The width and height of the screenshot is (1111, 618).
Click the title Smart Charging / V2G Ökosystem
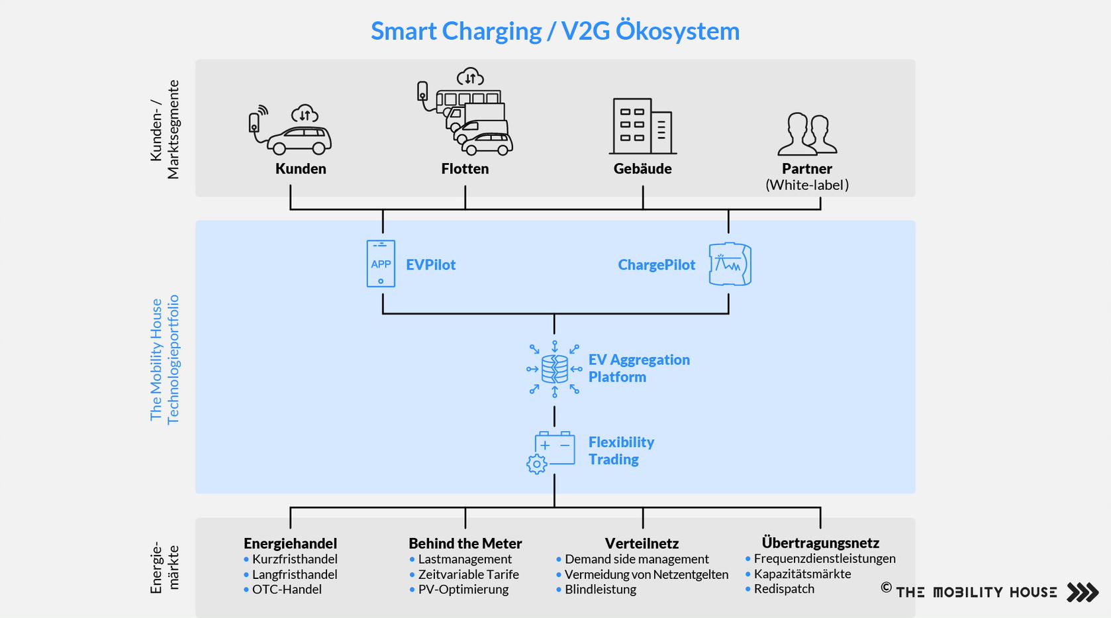[555, 31]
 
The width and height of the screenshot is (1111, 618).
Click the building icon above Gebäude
[642, 127]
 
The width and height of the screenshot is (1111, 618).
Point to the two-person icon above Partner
[807, 134]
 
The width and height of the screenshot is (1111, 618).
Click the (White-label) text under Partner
[807, 185]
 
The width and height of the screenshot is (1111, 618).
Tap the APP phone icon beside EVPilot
[381, 264]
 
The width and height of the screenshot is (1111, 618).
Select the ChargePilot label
[656, 265]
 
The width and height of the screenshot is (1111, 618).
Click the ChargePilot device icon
[730, 264]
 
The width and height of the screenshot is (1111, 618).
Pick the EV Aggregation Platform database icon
[555, 369]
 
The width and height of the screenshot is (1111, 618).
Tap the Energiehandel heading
[290, 544]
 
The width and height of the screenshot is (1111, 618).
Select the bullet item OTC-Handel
[287, 590]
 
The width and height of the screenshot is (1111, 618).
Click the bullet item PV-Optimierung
[463, 590]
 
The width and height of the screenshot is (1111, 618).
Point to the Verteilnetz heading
[642, 544]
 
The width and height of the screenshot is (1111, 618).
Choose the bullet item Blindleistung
[600, 590]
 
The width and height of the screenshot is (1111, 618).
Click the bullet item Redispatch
[784, 589]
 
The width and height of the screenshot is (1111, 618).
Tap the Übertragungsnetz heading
[820, 543]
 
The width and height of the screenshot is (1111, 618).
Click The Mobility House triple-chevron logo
[1083, 592]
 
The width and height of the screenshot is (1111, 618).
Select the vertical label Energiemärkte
[165, 568]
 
